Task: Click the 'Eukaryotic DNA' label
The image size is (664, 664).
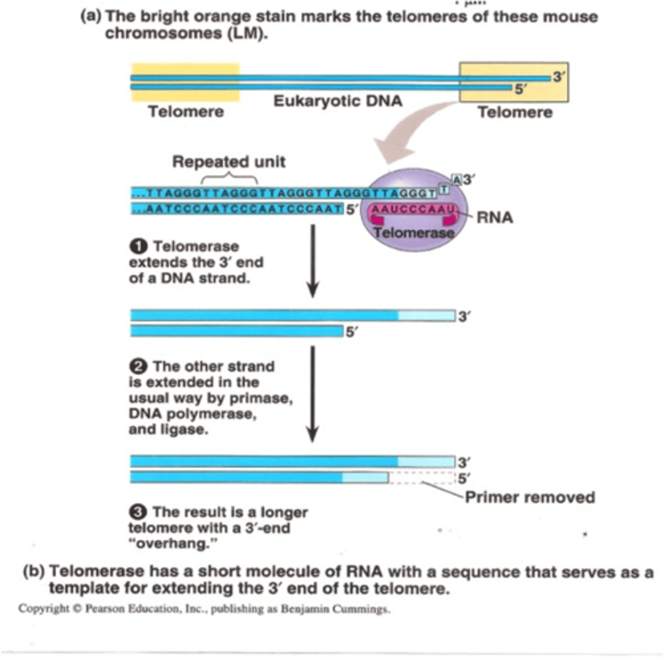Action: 338,102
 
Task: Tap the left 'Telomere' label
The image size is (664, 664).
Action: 186,112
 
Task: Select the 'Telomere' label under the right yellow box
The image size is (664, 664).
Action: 515,112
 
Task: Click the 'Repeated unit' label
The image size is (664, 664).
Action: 229,162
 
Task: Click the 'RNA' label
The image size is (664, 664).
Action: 495,217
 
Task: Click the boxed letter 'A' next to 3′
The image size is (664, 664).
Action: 456,179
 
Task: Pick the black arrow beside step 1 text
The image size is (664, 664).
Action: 313,260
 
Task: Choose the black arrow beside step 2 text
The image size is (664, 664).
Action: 313,393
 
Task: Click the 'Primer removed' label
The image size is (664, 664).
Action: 530,497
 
